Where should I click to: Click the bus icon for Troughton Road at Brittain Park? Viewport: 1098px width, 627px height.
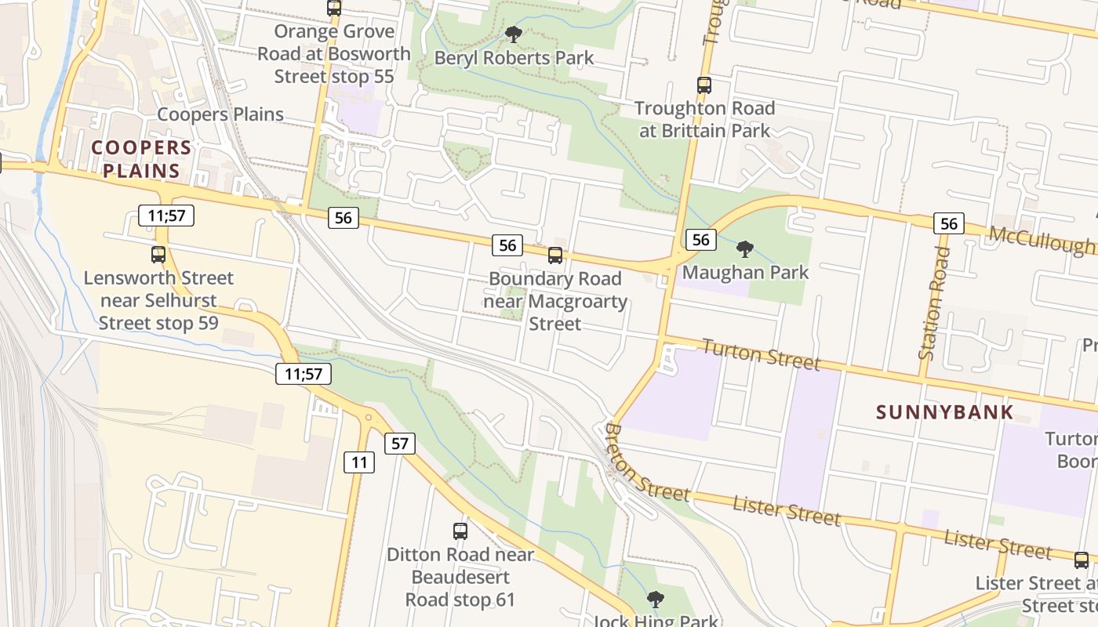(x=704, y=85)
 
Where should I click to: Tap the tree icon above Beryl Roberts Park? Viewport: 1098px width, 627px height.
(x=514, y=34)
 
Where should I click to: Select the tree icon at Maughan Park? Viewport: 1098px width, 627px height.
(x=745, y=249)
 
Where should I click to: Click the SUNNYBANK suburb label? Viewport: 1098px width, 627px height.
(x=945, y=412)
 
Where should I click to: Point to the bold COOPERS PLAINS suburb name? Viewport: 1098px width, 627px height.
(x=141, y=159)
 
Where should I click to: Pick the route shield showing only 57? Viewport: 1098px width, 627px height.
(x=400, y=444)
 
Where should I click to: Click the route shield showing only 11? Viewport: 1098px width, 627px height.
(x=359, y=462)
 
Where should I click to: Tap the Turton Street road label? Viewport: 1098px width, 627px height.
(x=760, y=354)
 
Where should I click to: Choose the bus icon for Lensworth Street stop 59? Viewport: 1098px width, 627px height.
(x=158, y=255)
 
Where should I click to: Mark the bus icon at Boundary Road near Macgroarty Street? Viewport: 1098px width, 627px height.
(x=555, y=255)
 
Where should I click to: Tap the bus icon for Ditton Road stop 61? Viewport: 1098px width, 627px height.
(x=460, y=531)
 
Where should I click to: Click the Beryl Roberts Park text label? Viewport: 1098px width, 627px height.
(x=514, y=58)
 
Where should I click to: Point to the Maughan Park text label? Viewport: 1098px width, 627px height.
(x=745, y=273)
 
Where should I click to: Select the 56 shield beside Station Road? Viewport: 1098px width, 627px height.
(x=949, y=224)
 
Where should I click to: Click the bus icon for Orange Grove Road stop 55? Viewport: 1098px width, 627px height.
(x=334, y=9)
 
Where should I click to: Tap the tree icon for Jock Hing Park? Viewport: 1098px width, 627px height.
(x=655, y=600)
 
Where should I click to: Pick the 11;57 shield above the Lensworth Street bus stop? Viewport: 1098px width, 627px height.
(x=166, y=216)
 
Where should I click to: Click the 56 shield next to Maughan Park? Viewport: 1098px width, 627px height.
(x=701, y=240)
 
